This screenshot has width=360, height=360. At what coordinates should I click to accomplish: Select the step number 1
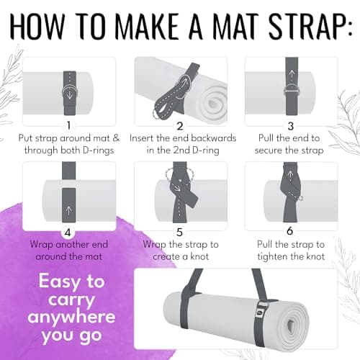(69, 125)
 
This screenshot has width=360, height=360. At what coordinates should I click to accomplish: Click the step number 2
(180, 126)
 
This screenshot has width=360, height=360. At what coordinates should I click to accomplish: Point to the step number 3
(290, 126)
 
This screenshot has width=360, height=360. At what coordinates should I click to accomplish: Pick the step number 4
(68, 233)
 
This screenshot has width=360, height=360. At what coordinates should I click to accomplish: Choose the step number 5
(179, 232)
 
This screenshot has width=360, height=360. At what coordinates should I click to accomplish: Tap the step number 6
(290, 231)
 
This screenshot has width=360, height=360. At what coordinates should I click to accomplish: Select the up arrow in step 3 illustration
(292, 75)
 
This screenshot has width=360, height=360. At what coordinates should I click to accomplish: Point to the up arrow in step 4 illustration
(68, 211)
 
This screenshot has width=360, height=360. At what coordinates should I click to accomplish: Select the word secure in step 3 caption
(268, 150)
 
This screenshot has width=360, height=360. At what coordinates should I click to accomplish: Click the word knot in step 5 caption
(199, 256)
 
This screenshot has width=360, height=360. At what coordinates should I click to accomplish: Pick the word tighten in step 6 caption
(273, 256)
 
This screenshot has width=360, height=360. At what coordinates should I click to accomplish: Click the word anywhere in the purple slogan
(71, 318)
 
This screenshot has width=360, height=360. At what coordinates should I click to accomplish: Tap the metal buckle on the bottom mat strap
(261, 310)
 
